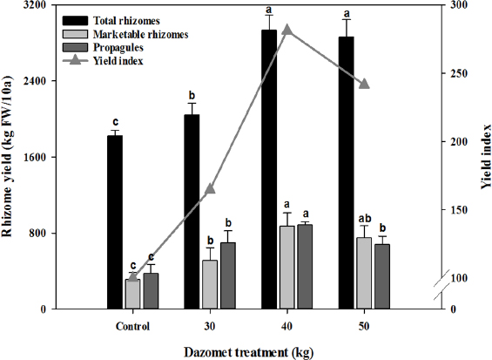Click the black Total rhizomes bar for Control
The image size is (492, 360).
(115, 221)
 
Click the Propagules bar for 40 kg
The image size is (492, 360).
(305, 266)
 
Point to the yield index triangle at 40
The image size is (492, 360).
(287, 30)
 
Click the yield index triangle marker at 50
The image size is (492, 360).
(364, 84)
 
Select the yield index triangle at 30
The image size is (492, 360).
(210, 189)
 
